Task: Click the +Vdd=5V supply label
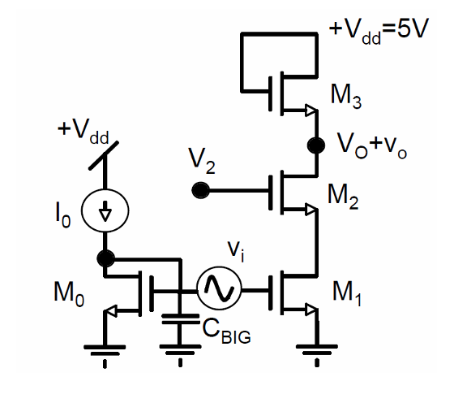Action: (379, 32)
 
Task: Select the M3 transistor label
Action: (346, 97)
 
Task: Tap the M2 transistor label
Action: (343, 197)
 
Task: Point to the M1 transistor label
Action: (347, 293)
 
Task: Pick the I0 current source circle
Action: (105, 210)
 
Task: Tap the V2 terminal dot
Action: (200, 190)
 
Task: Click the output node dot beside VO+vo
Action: (316, 145)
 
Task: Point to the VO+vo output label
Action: (372, 146)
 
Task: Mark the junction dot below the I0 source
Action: (105, 258)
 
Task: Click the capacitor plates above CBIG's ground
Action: (180, 318)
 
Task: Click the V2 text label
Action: (202, 160)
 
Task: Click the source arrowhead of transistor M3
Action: (311, 110)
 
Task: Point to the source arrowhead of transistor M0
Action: (110, 310)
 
